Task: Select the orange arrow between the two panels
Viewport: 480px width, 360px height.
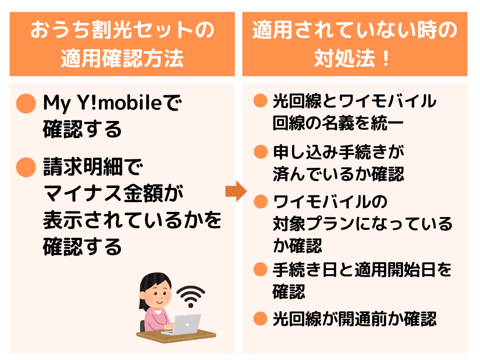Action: point(236,191)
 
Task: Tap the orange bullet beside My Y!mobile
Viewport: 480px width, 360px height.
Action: point(26,104)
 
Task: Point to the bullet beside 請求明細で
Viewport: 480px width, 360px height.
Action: point(26,167)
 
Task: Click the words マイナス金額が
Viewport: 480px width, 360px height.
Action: point(113,194)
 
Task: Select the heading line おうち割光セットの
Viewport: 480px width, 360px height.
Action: point(122,30)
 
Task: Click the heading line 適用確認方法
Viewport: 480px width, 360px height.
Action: point(122,58)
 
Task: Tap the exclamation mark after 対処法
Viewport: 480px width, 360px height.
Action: point(386,58)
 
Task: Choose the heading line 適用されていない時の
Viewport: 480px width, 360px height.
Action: point(355,30)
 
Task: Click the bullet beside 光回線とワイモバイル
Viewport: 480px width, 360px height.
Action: point(261,100)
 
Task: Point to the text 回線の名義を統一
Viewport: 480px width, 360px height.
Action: point(338,123)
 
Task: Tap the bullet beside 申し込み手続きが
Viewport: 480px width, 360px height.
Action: point(261,151)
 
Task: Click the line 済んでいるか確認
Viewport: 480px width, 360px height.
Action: point(338,174)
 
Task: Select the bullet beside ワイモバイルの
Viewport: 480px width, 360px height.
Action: point(261,202)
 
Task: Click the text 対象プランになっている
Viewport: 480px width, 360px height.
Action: point(362,224)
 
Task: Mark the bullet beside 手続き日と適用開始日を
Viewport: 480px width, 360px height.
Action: point(261,270)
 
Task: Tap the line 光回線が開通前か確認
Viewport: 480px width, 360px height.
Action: point(354,319)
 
